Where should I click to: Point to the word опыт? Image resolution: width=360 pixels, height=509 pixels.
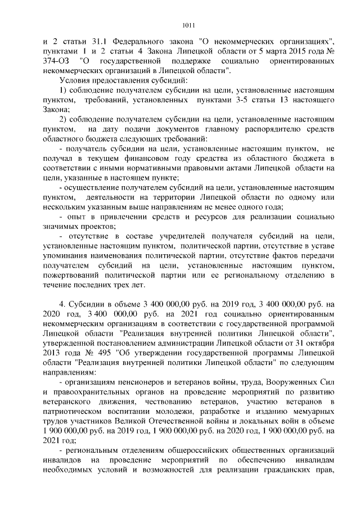click(76, 217)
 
